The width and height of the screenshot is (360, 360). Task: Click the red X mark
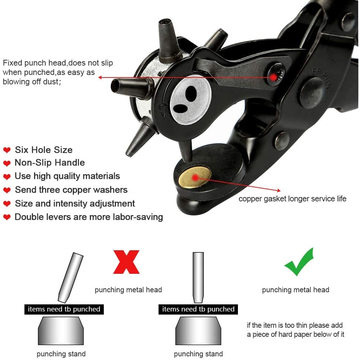tap(126, 261)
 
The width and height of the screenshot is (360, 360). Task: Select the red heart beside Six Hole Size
tap(7, 150)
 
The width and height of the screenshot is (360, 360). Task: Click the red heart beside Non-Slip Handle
tap(7, 163)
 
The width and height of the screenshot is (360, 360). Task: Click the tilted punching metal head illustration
tap(71, 277)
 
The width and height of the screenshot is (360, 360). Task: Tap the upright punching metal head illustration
tap(198, 277)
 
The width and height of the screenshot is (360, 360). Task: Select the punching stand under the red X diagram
tap(61, 331)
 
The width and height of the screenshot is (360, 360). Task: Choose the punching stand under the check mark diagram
tap(198, 331)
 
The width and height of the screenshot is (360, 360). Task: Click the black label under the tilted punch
tap(64, 309)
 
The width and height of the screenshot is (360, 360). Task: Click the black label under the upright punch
tap(198, 309)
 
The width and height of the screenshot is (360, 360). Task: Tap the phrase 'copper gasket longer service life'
tap(292, 198)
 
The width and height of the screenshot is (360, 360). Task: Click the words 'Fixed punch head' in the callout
tap(34, 63)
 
